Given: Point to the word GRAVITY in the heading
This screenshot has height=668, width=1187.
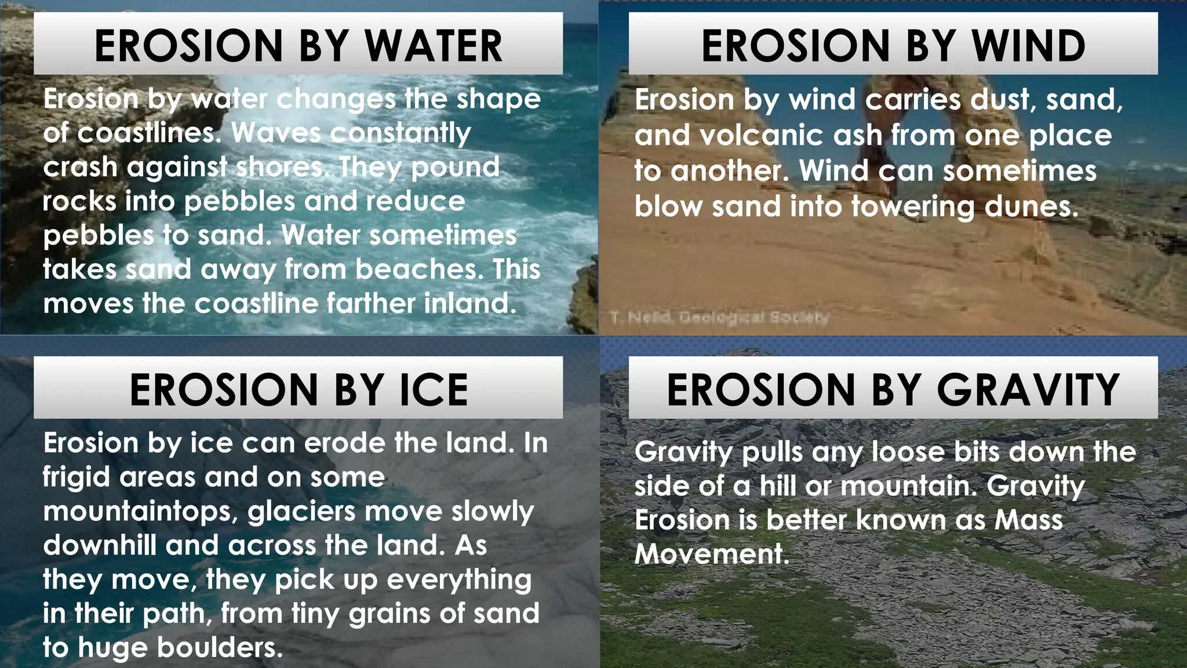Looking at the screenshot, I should pyautogui.click(x=1028, y=390).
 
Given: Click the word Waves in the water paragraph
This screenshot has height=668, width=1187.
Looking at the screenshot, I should pyautogui.click(x=276, y=133).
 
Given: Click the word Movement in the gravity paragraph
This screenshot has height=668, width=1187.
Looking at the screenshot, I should pyautogui.click(x=712, y=554).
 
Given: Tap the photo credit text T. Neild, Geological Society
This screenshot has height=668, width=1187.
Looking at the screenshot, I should pyautogui.click(x=719, y=317).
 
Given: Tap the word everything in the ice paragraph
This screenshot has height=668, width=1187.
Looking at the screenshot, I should pyautogui.click(x=459, y=580).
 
